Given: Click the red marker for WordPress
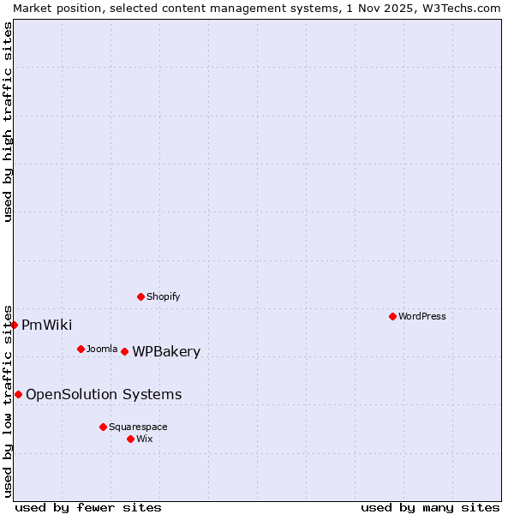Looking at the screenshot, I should (392, 316).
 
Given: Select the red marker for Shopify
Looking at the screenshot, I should (140, 296).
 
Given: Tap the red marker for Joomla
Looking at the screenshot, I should (81, 349).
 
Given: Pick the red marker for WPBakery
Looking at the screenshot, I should (124, 351).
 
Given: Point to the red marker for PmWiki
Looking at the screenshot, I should (15, 325).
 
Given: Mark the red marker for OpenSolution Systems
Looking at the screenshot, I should (18, 394).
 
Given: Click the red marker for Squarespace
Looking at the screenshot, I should (103, 427).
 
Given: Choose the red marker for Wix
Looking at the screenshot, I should (130, 439).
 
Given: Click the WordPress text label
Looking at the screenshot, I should (422, 316).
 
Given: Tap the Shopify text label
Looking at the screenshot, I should (164, 296).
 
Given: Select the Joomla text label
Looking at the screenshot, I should (102, 349).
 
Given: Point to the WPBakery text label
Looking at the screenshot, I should (166, 351).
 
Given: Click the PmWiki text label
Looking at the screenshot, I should (46, 325).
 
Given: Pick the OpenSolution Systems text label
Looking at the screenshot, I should (104, 394).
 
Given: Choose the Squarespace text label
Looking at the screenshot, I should (138, 427).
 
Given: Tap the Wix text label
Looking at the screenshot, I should (145, 439).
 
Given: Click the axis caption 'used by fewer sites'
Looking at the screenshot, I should (88, 507).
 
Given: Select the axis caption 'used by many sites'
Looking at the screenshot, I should (430, 507).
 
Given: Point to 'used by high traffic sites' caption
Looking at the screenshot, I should (8, 122).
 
